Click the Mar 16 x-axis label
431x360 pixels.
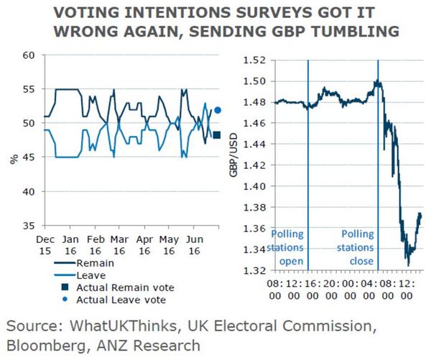120,244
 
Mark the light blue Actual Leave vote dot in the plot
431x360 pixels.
217,111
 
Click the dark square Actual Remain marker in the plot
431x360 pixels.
217,135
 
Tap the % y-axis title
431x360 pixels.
14,157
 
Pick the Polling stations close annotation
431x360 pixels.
358,245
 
